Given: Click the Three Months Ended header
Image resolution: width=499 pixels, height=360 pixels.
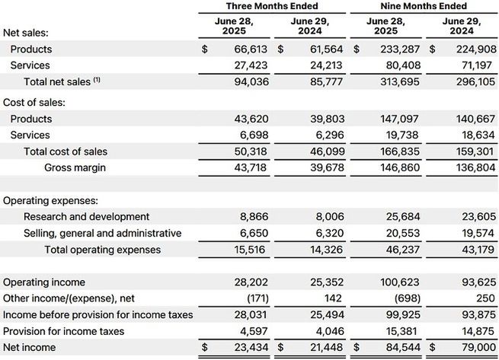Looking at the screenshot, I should click(270, 6).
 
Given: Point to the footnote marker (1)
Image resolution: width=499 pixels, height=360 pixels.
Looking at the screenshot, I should click(97, 80).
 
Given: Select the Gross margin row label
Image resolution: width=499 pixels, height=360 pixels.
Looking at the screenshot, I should click(75, 167).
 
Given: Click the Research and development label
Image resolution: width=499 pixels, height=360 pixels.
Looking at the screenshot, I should click(87, 217).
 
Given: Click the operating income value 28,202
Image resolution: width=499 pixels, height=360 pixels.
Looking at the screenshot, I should click(249, 282).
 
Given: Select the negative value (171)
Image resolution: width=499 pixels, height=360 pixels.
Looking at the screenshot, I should click(254, 299).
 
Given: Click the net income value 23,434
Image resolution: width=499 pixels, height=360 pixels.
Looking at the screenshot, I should click(249, 349).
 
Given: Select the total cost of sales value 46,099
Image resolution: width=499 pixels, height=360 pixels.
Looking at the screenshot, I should click(324, 151).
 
